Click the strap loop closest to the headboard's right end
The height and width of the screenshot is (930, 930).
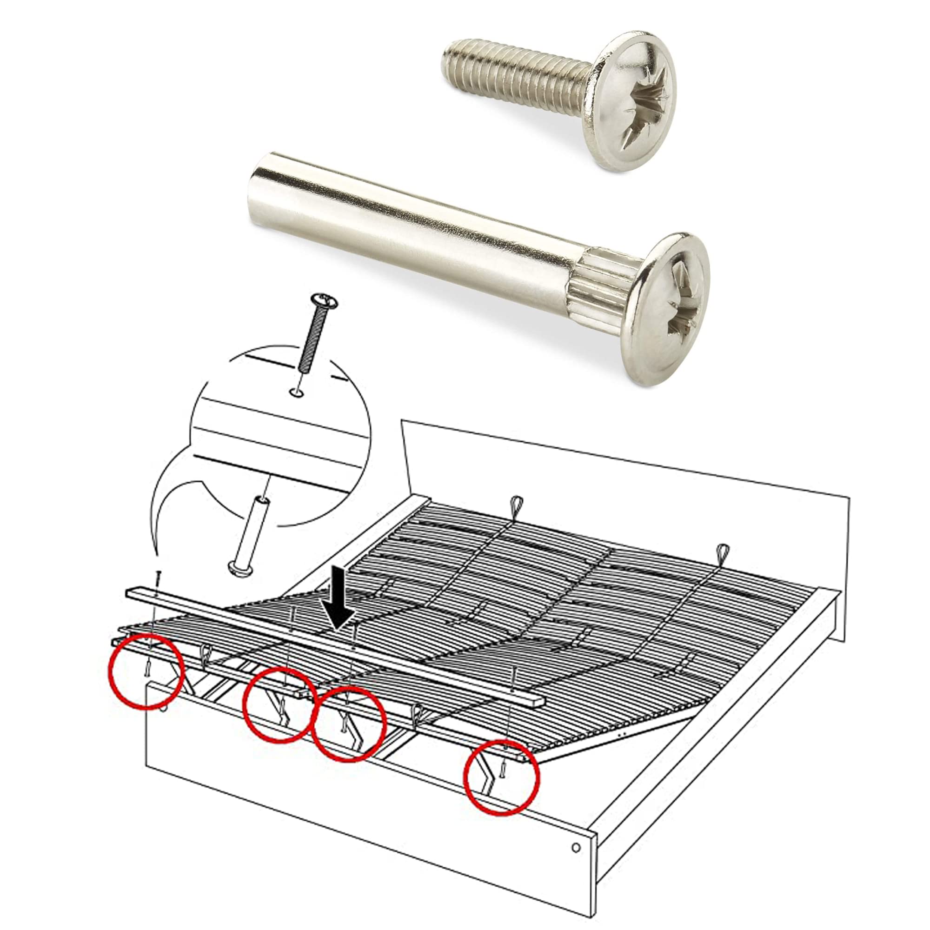723,551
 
